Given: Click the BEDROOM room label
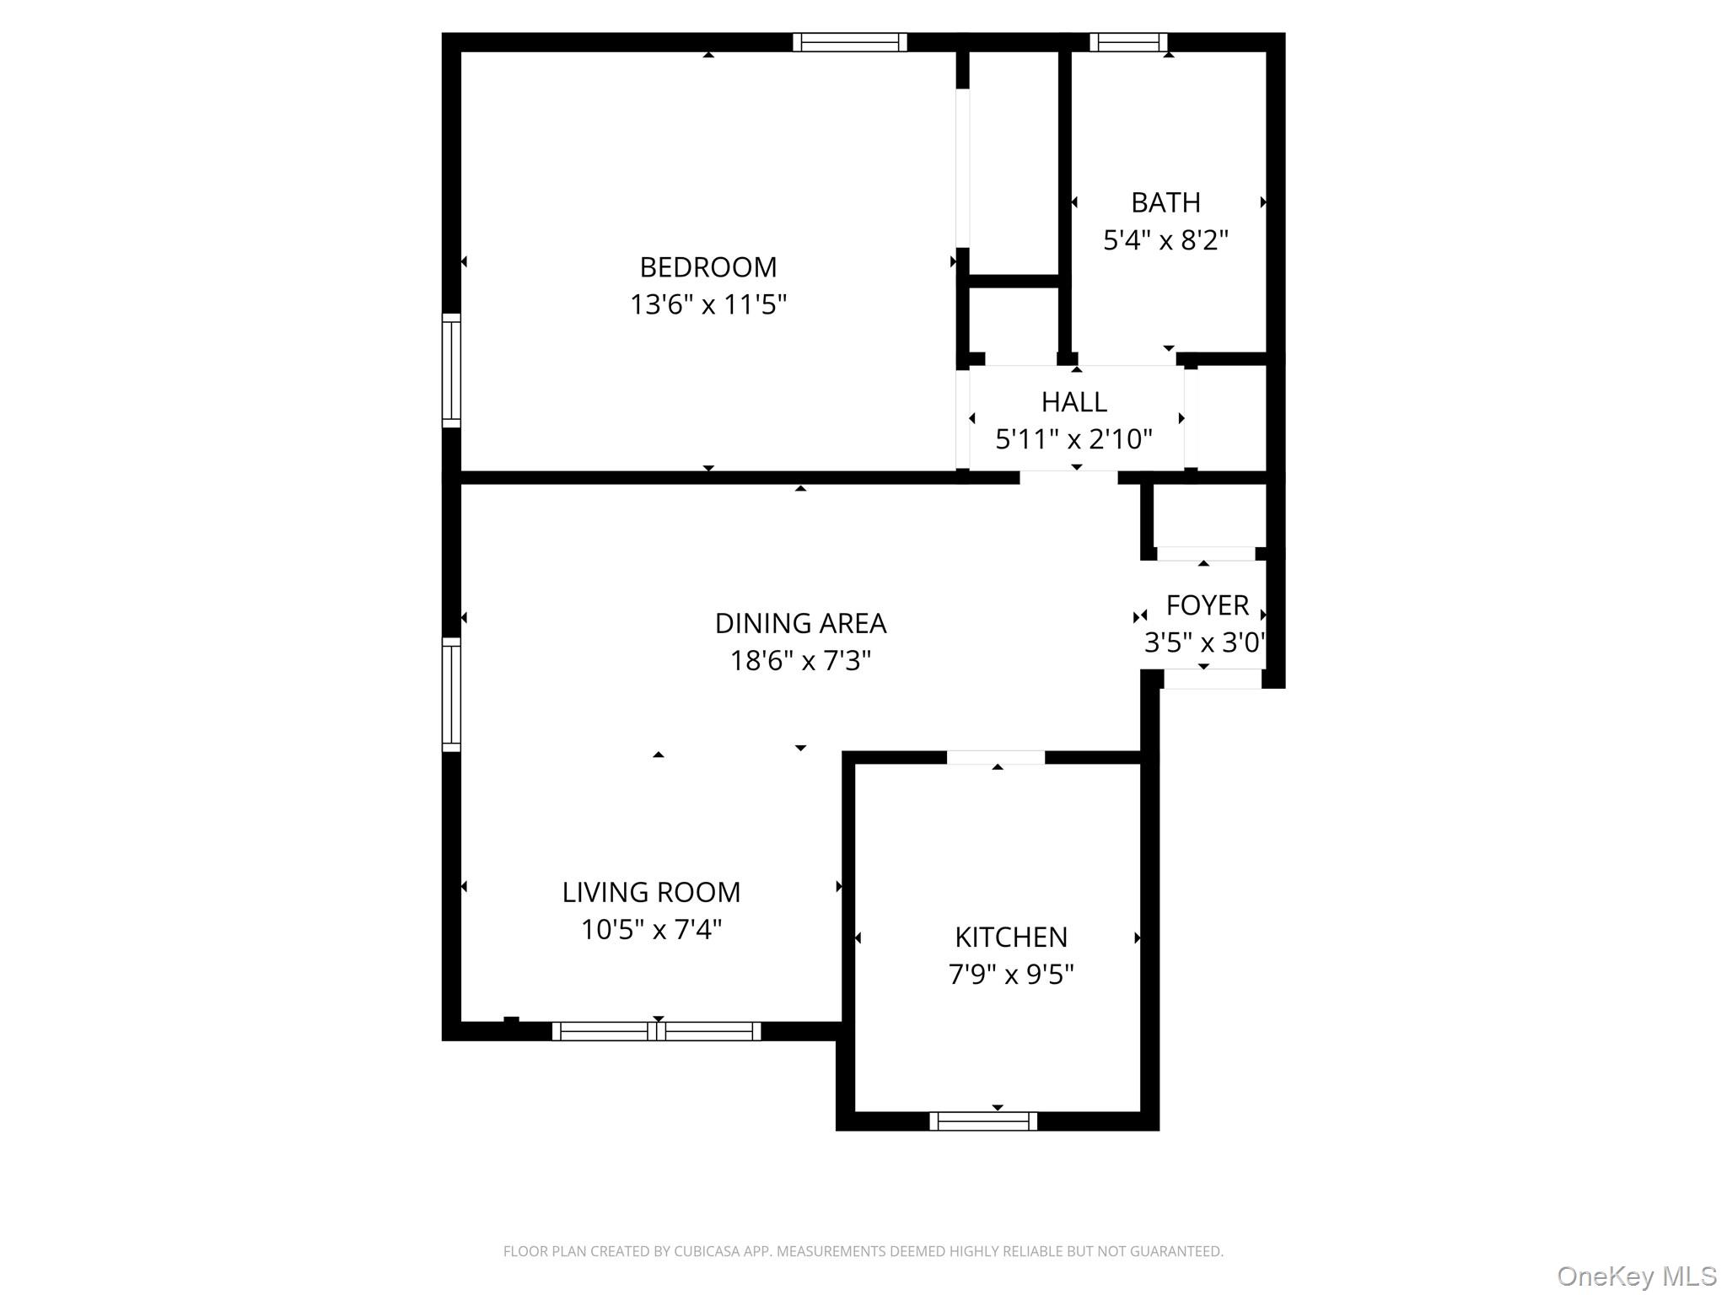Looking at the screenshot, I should coord(708,267).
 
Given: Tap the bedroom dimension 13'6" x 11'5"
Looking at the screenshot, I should coord(708,304).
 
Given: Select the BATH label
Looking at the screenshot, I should coord(1165,203).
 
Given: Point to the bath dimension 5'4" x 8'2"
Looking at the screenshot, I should coord(1165,240).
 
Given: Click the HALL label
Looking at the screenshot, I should coord(1073,402).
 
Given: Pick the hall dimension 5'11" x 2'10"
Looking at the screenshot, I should coord(1073,439).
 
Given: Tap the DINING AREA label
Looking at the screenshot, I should coord(800,624).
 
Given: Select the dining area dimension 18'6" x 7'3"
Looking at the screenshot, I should coord(800,661).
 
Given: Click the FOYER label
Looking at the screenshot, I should coord(1207,605).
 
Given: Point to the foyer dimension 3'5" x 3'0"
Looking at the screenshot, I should coord(1204,643).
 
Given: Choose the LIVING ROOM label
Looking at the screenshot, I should coord(651,892).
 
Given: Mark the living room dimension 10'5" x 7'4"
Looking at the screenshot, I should coord(651,930).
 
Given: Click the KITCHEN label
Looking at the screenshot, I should coord(1011,938).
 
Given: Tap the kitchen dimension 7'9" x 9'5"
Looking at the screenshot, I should coord(1011,975).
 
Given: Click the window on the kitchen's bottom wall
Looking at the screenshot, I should coord(983,1121).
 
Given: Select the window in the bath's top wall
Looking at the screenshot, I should coord(1128,42).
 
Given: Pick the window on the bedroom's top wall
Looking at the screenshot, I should coord(850,42).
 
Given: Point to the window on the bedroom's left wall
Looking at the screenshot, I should coord(452,371).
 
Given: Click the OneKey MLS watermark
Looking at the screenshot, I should coord(1637,1276).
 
